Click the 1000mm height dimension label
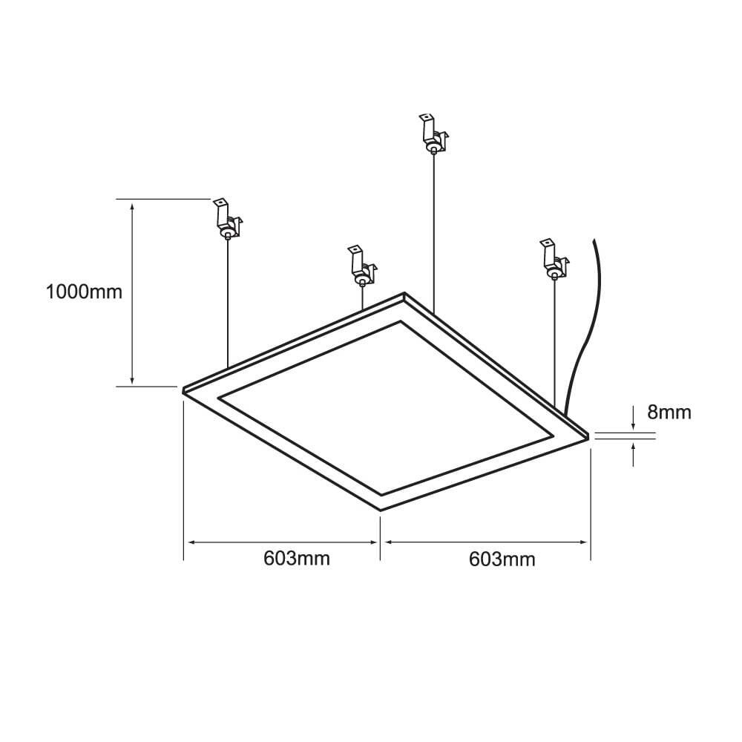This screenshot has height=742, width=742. pos(84,292)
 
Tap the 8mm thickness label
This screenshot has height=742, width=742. pos(669,412)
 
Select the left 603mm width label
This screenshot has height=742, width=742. pos(297,558)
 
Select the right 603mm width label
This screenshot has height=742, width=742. pos(502,559)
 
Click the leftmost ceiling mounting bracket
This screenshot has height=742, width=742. pos(227,220)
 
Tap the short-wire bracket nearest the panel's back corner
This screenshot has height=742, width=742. pos(361,266)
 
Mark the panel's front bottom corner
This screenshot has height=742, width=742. pos(381,510)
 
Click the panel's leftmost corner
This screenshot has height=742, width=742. pos(184,389)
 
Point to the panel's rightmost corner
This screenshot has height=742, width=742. pos(589,436)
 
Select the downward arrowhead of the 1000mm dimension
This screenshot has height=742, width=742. pos(133,381)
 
